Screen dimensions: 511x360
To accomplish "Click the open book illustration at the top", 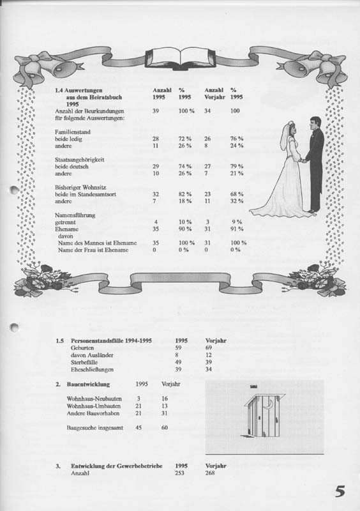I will (180, 56).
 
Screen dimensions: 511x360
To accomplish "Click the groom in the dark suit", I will (314, 164).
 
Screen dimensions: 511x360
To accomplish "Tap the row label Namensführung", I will (75, 215).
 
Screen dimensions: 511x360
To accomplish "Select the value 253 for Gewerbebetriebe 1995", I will (181, 474).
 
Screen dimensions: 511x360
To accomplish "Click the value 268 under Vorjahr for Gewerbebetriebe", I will (211, 474).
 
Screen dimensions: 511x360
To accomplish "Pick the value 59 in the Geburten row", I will (178, 348).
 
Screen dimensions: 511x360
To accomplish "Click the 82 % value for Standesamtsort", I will (184, 194).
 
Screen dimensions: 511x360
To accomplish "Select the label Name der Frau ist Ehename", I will (93, 250).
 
